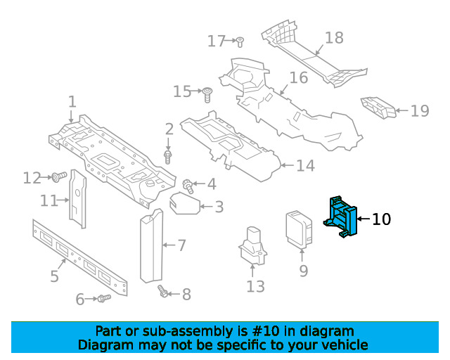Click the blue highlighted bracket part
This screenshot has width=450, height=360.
point(341,217)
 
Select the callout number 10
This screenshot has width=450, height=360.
point(381,219)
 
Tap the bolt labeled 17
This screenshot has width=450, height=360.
point(240,42)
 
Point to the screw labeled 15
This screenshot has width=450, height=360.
point(207,95)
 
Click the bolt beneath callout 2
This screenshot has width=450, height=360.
point(168,157)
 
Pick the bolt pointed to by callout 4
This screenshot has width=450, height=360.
point(188,186)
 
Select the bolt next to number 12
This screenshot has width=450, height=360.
point(59,176)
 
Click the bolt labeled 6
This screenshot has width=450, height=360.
point(104,298)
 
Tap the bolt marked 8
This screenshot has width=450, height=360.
point(162,290)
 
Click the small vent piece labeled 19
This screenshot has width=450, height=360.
point(378,108)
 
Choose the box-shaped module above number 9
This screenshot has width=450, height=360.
point(299,229)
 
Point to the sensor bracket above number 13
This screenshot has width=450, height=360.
point(252,245)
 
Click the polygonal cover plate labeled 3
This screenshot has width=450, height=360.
point(184,203)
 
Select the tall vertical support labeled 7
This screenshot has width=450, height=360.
point(152,246)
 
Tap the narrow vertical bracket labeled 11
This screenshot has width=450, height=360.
point(77,199)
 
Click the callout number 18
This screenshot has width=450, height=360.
point(334,38)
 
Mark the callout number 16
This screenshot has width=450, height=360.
point(299,78)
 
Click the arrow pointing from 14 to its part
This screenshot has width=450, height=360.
point(287,165)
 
